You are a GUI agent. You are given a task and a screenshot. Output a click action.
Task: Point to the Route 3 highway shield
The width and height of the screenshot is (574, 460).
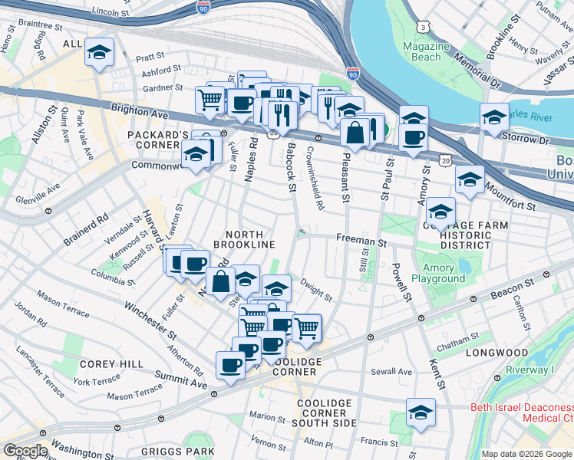424,27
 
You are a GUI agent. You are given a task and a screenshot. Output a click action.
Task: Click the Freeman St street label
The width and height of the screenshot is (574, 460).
361,241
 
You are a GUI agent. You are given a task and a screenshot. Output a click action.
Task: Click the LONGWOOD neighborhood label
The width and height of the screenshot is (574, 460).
496,353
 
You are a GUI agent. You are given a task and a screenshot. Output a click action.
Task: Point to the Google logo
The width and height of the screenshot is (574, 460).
25,451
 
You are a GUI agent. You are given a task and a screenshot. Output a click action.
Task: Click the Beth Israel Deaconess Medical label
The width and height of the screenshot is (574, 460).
521,412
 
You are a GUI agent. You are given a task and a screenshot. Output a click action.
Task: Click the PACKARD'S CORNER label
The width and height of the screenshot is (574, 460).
158,140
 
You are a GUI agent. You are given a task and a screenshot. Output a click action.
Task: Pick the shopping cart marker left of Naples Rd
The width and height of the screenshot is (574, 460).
209,99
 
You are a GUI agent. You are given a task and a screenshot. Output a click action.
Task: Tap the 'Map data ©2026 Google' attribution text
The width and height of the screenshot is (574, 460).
526,454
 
